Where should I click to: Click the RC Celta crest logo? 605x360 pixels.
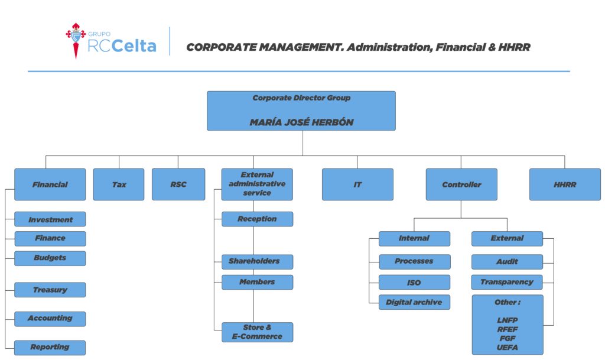tap(76, 41)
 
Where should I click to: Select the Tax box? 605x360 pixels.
tap(119, 184)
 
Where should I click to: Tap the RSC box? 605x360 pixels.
tap(178, 184)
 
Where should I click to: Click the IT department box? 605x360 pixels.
tap(357, 184)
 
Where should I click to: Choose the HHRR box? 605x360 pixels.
tap(565, 184)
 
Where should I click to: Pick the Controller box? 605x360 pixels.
tap(461, 184)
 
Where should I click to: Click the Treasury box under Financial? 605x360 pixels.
tap(50, 290)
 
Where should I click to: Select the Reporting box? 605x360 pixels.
tap(50, 348)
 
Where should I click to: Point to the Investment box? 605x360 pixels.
tap(50, 219)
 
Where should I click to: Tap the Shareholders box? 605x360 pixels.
tap(258, 262)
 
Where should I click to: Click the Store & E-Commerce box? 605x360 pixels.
tap(258, 332)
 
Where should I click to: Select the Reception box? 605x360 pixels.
tap(258, 219)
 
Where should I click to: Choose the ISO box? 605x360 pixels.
tap(414, 282)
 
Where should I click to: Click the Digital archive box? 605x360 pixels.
tap(414, 302)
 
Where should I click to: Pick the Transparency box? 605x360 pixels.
tap(507, 282)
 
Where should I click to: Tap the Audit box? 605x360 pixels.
tap(507, 262)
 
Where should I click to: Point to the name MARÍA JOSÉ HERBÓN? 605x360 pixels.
tap(301, 122)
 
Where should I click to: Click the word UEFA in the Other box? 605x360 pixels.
tap(508, 347)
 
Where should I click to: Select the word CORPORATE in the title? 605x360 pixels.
tap(222, 47)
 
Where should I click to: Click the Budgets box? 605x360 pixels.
tap(50, 258)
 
